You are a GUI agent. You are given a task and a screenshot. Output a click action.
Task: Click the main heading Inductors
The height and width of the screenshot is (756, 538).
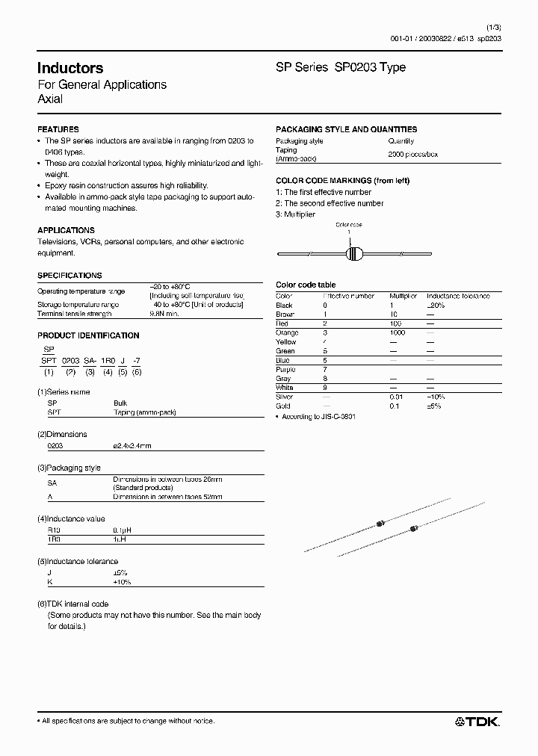[70, 68]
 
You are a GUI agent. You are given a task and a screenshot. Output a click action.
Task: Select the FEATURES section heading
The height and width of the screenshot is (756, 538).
[58, 129]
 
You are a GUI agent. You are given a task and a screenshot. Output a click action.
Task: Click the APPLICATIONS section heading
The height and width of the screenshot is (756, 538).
[66, 230]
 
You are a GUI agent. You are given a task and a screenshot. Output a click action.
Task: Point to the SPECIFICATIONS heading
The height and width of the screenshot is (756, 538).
[69, 276]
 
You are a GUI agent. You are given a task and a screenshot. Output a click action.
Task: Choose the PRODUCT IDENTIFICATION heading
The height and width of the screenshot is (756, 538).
[88, 336]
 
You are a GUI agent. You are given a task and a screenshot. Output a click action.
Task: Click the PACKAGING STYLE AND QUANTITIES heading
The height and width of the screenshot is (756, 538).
[346, 129]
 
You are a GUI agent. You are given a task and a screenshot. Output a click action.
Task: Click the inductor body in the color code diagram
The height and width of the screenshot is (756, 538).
[355, 255]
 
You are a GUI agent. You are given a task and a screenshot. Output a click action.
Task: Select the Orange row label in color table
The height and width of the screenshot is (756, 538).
[287, 332]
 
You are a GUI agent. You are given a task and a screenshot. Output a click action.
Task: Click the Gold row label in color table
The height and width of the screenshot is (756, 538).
[283, 406]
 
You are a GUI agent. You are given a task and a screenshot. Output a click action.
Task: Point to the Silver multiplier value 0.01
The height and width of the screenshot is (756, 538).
[396, 397]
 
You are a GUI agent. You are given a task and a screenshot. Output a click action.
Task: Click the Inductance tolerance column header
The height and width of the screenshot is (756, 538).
[458, 296]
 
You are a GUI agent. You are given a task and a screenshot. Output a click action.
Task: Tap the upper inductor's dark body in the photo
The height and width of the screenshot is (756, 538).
[380, 524]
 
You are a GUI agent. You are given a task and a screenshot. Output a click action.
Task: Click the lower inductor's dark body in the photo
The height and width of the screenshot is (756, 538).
[413, 530]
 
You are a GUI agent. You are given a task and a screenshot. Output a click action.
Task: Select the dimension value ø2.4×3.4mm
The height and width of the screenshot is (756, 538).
[132, 445]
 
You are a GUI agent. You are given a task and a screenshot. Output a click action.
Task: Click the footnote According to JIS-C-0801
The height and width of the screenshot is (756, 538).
[318, 416]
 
